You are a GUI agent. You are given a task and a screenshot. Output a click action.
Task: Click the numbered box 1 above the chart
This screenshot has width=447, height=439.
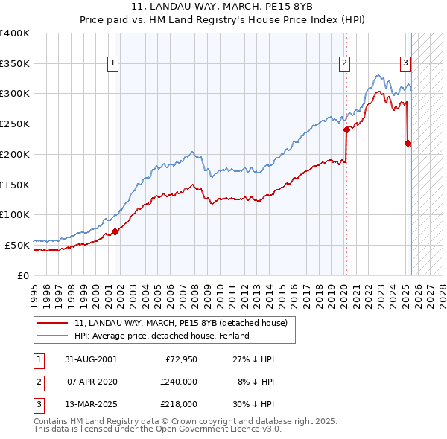coord(112,63)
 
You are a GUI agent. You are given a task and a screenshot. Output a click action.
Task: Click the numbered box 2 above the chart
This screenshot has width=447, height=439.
coord(345,63)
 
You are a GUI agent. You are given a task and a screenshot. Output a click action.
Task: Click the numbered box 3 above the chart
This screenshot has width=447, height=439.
coord(406,63)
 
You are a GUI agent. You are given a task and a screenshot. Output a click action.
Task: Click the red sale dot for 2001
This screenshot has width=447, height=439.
coord(115,231)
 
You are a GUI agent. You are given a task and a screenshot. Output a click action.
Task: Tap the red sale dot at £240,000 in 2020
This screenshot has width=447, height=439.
coord(346,129)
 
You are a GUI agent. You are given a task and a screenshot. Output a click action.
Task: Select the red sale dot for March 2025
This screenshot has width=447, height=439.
coord(408,143)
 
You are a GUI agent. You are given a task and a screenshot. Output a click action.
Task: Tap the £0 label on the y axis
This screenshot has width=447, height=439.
coord(24,275)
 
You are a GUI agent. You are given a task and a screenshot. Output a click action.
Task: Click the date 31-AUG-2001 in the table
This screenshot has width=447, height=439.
coord(91,359)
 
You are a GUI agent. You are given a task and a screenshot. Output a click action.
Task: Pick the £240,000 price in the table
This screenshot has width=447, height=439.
coord(179,382)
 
